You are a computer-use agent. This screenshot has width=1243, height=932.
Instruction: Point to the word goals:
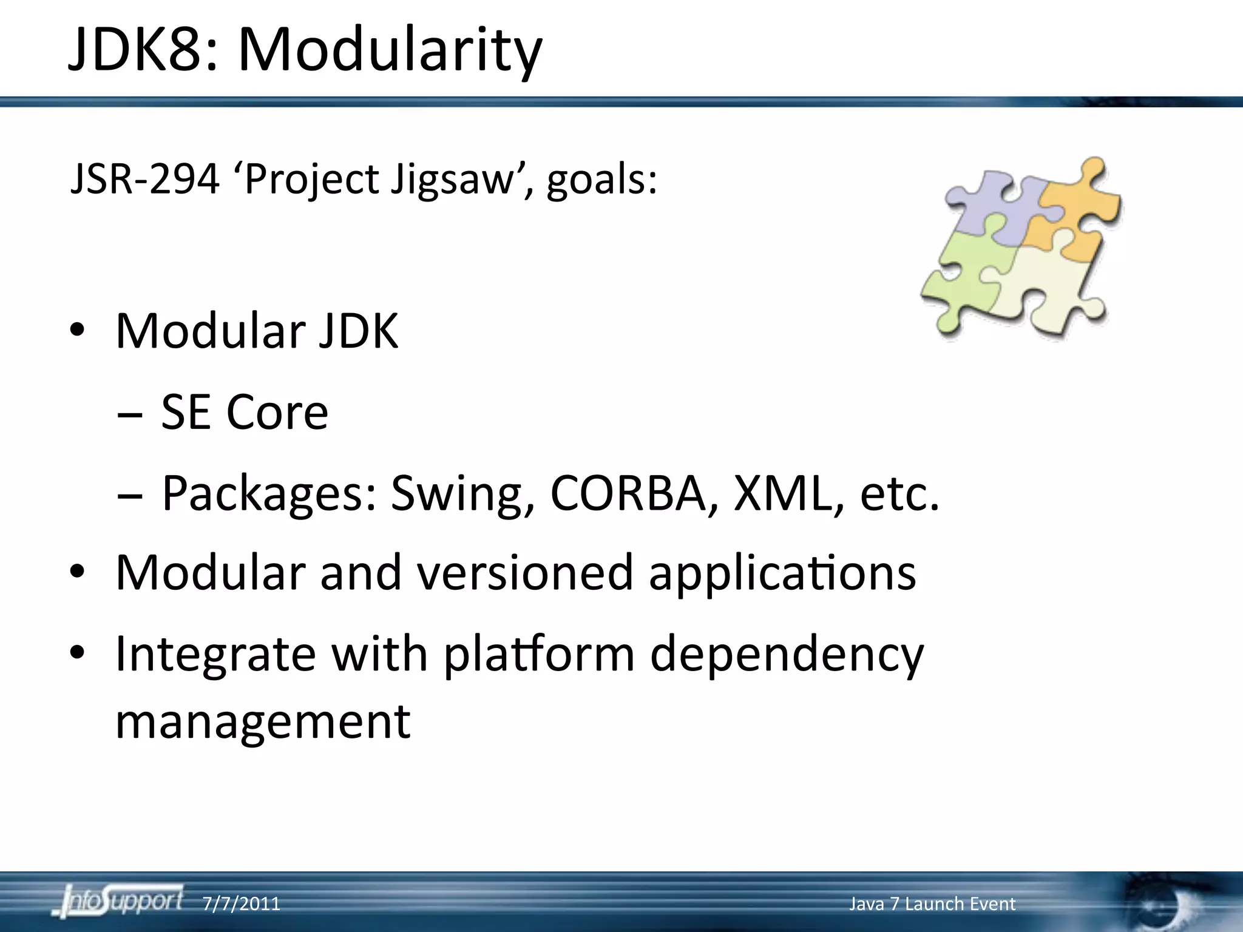point(601,180)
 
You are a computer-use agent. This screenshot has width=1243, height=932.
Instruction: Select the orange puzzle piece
point(1074,212)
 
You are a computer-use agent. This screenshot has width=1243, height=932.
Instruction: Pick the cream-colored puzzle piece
point(1050,285)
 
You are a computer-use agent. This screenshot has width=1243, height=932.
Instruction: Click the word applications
point(782,574)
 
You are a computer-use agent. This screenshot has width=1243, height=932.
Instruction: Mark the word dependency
point(787,655)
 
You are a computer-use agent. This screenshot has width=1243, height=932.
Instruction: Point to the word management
point(263,722)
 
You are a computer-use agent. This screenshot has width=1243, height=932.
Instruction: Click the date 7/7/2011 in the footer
point(241,904)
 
